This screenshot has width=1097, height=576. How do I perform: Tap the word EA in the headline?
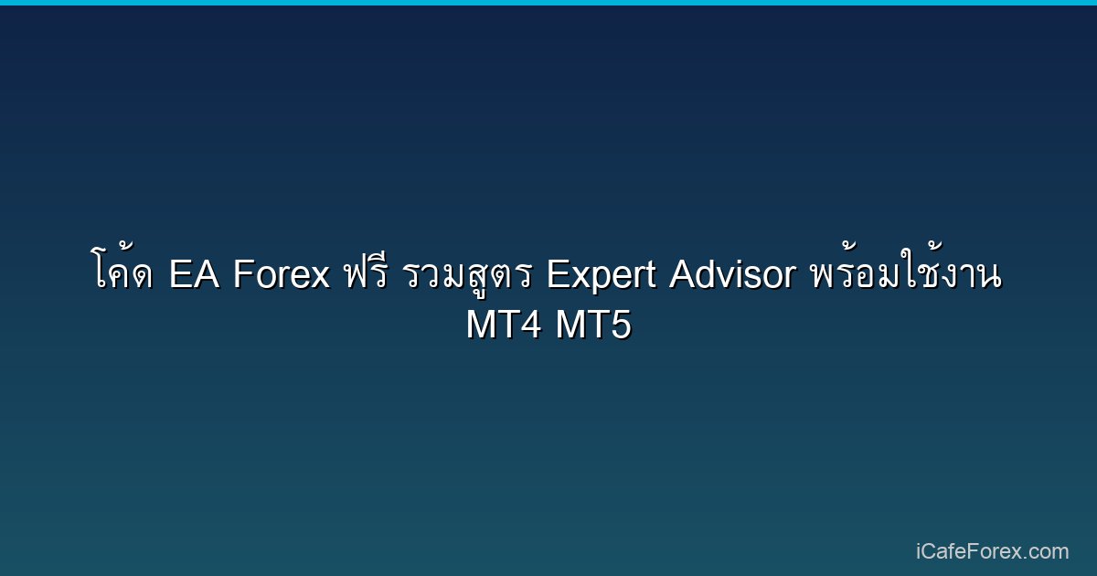click(194, 273)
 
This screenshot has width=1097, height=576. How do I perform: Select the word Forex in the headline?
click(282, 273)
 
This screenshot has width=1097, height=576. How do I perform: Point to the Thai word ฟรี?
click(367, 271)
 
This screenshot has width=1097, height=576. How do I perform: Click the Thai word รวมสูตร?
click(468, 275)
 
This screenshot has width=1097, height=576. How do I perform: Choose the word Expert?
click(601, 275)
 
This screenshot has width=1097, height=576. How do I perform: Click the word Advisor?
click(732, 273)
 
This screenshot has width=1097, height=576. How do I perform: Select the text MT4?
click(504, 325)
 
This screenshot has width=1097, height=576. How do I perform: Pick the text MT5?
click(593, 325)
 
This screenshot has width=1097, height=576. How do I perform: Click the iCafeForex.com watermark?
click(992, 551)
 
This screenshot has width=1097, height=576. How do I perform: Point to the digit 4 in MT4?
click(531, 325)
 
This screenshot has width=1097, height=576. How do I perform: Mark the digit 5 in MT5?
click(621, 325)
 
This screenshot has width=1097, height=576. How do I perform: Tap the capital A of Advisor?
click(684, 273)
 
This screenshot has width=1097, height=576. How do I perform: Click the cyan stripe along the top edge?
click(548, 3)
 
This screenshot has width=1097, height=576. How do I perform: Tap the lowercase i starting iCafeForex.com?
click(918, 551)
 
